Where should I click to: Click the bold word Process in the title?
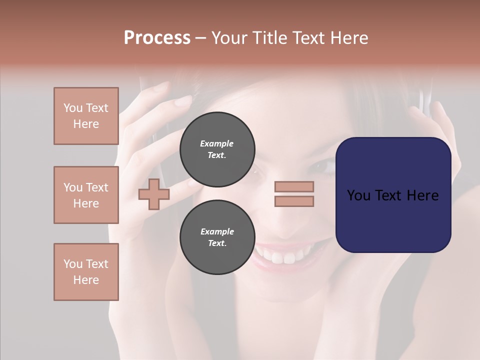[157, 38]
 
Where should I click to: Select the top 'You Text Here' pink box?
[86, 116]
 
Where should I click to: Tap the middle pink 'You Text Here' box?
[86, 195]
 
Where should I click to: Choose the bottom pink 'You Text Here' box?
[86, 272]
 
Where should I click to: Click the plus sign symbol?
[153, 194]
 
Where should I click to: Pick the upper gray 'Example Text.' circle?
[217, 149]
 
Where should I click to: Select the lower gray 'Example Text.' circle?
[217, 237]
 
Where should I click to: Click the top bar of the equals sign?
[294, 187]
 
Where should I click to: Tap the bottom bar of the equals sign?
[294, 201]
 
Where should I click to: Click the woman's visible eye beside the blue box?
[323, 165]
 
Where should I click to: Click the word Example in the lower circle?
[217, 231]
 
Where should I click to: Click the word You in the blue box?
[359, 195]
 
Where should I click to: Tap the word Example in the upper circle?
[217, 143]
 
